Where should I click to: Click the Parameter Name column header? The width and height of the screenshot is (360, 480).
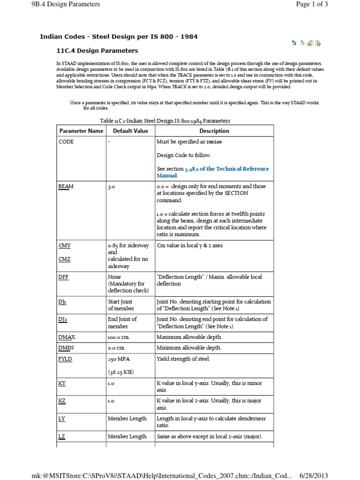pyautogui.click(x=81, y=131)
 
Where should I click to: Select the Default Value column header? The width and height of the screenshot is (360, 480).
pyautogui.click(x=130, y=131)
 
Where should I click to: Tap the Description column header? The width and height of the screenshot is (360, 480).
pyautogui.click(x=214, y=131)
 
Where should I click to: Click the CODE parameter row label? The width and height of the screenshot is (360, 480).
pyautogui.click(x=66, y=142)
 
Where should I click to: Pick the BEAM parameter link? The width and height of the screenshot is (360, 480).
pyautogui.click(x=66, y=187)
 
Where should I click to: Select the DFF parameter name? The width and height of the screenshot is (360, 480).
pyautogui.click(x=64, y=277)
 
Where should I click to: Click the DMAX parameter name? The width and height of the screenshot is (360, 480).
pyautogui.click(x=67, y=337)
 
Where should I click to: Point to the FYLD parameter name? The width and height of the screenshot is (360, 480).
pyautogui.click(x=66, y=359)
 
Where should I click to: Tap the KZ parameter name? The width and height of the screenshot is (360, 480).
pyautogui.click(x=62, y=401)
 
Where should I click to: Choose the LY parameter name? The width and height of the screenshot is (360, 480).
pyautogui.click(x=62, y=419)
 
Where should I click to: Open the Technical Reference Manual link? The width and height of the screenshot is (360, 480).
pyautogui.click(x=213, y=172)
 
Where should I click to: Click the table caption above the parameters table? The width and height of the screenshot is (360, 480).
pyautogui.click(x=165, y=120)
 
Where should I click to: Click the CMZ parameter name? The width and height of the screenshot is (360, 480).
pyautogui.click(x=65, y=258)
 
